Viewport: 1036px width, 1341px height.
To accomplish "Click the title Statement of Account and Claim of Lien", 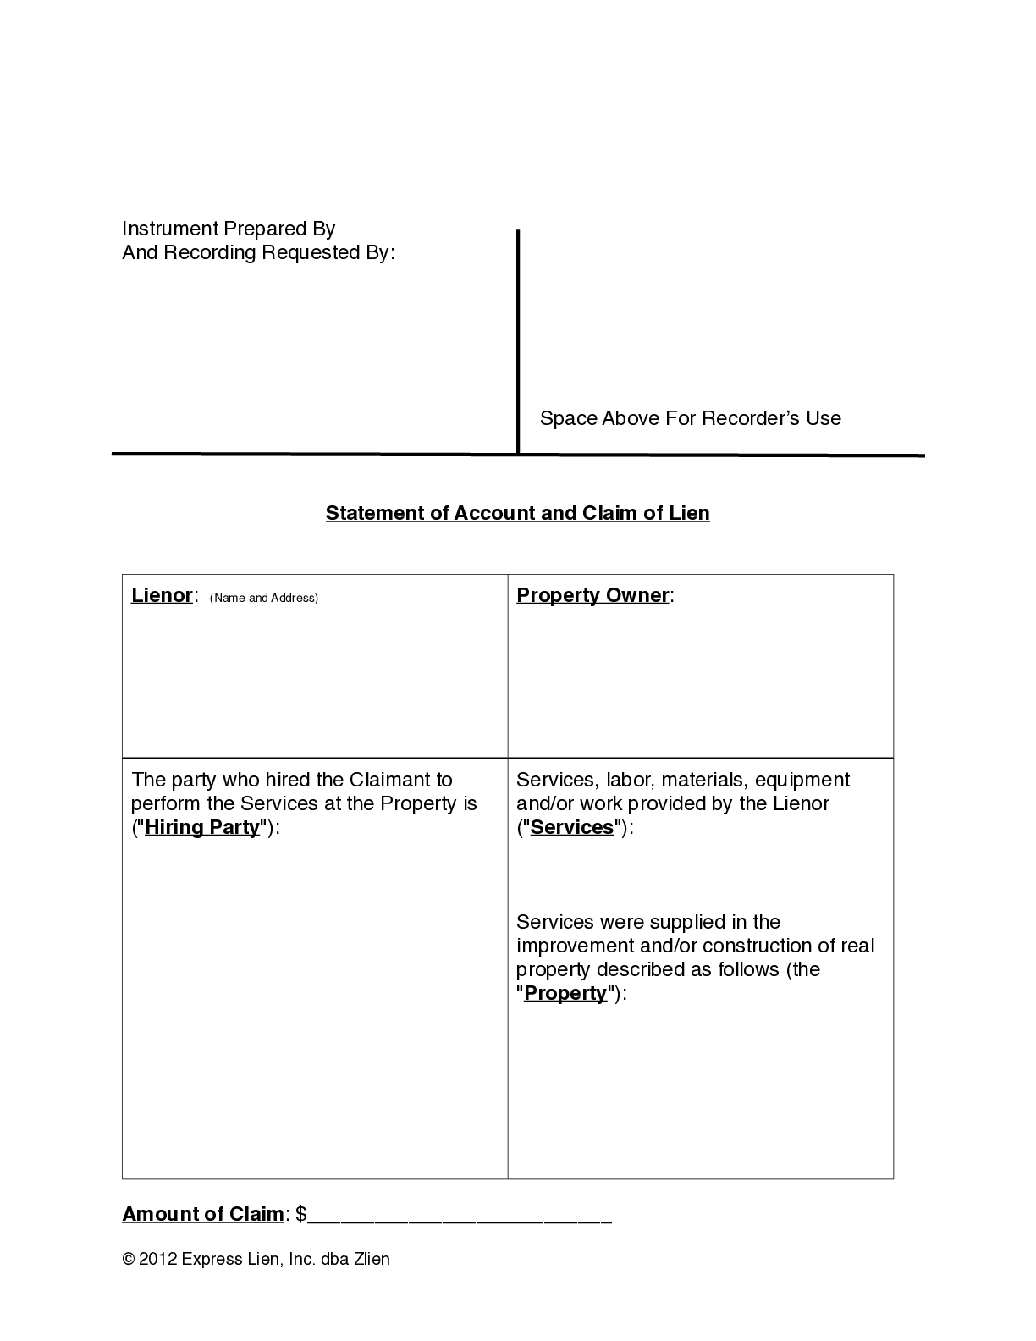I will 517,513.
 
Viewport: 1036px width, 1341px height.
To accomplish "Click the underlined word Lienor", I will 162,595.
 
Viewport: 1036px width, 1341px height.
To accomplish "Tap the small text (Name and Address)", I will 264,598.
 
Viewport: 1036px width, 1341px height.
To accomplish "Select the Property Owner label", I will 592,595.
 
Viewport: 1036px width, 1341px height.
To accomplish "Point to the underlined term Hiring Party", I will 201,827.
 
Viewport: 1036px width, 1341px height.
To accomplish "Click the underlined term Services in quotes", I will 571,827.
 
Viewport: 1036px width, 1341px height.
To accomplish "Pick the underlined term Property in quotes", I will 565,993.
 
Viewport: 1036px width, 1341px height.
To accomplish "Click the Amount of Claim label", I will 203,1214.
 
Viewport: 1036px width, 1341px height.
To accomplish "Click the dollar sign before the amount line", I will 301,1214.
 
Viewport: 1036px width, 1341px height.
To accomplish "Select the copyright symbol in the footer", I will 129,1259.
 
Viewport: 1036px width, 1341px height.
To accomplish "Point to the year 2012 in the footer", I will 157,1259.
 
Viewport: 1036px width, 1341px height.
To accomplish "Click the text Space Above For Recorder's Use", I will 690,418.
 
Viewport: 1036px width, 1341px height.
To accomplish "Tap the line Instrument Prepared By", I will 229,229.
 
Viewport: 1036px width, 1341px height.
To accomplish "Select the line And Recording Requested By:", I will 258,252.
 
